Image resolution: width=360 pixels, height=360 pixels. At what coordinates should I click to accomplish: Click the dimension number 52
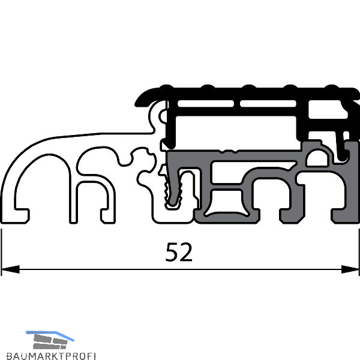coord(179,252)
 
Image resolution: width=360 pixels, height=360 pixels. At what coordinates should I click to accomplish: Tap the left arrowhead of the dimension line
coord(10,269)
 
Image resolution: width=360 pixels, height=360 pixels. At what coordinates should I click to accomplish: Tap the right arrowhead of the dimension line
coord(350,269)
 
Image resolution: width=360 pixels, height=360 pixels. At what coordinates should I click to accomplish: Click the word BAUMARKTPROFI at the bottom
coord(51,356)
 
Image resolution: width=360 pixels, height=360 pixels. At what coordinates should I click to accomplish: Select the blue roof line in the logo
coord(50,335)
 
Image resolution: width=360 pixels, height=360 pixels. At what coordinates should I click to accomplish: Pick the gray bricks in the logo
coord(50,342)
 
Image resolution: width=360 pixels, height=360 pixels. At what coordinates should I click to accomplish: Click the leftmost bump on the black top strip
coord(166,87)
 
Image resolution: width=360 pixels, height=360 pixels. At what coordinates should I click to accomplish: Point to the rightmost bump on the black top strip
coord(332,87)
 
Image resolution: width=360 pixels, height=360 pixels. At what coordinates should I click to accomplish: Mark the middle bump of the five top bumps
coord(249,87)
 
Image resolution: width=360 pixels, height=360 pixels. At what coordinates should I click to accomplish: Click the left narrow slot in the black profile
coord(206,104)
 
